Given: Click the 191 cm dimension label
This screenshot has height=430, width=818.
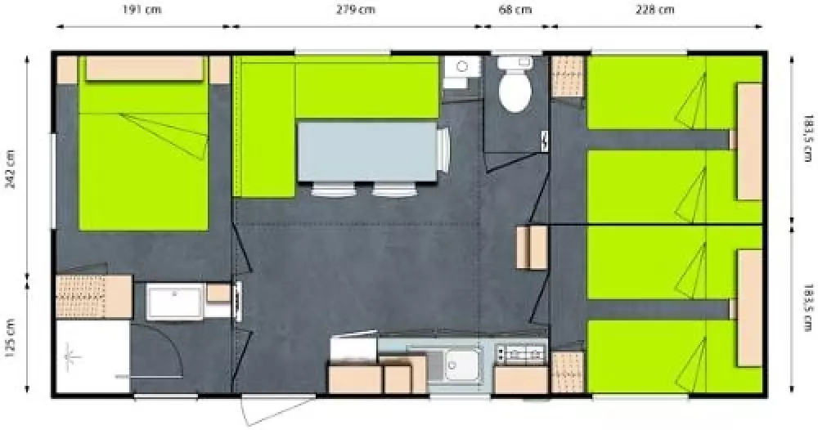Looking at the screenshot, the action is pyautogui.click(x=142, y=9).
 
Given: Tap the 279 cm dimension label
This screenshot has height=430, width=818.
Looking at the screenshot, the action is pyautogui.click(x=355, y=9).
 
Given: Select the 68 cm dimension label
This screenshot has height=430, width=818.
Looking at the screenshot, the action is pyautogui.click(x=515, y=9).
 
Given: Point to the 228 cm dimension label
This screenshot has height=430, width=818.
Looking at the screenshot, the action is pyautogui.click(x=654, y=9).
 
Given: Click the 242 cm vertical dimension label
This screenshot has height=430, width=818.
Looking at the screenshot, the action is pyautogui.click(x=11, y=169).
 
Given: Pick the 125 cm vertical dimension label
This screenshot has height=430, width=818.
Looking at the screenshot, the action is pyautogui.click(x=11, y=338).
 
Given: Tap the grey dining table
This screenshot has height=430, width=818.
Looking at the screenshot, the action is pyautogui.click(x=367, y=152).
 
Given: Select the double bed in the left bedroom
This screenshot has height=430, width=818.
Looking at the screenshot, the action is pyautogui.click(x=143, y=143).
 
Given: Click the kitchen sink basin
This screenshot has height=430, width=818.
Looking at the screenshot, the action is pyautogui.click(x=461, y=365).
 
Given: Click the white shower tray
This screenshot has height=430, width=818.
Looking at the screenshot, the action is pyautogui.click(x=93, y=356).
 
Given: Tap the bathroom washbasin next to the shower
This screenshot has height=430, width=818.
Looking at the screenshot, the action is pyautogui.click(x=175, y=302).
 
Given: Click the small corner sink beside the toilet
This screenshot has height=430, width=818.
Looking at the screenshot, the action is pyautogui.click(x=461, y=73).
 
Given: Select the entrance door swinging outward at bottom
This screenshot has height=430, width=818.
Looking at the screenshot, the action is pyautogui.click(x=279, y=410).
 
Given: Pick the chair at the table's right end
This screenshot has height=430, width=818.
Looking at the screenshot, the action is pyautogui.click(x=443, y=150).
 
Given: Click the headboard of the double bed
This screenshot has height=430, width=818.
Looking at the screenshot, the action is pyautogui.click(x=144, y=69).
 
